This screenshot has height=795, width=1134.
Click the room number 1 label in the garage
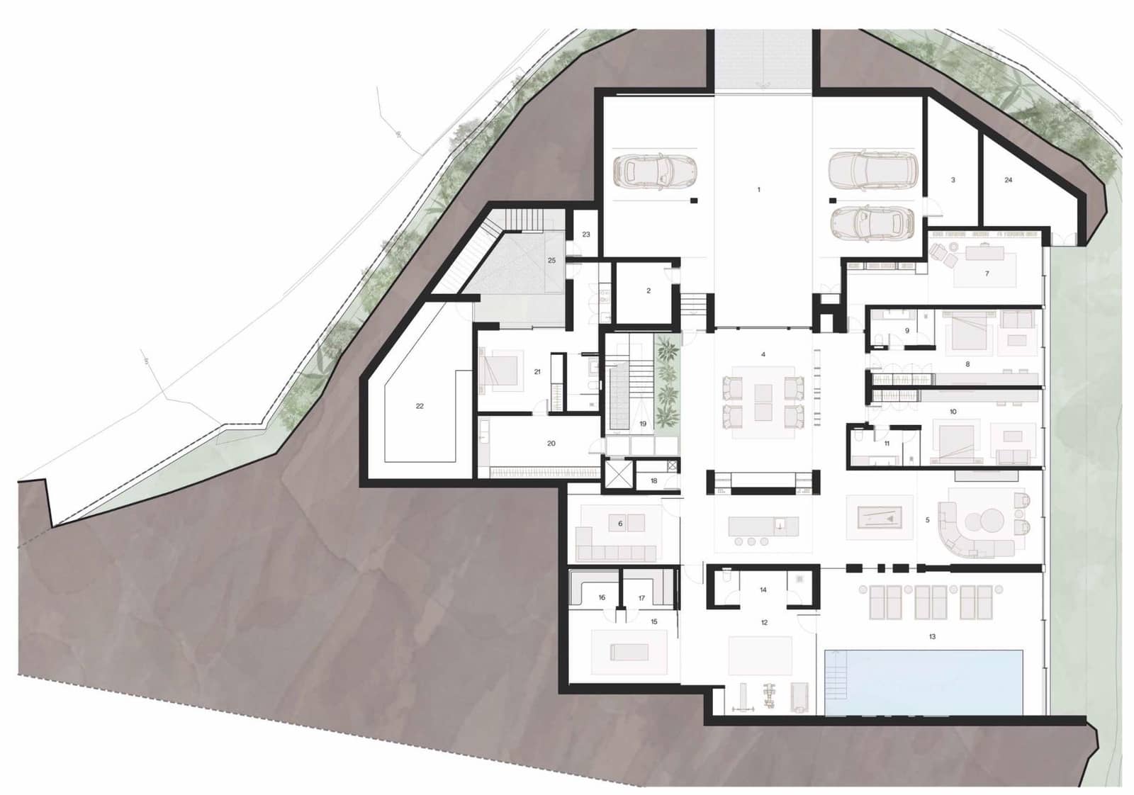(758, 190)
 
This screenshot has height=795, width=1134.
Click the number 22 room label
(420, 406)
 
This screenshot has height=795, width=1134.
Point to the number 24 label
(1008, 180)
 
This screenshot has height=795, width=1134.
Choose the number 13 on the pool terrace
(932, 636)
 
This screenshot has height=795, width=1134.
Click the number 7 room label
(987, 274)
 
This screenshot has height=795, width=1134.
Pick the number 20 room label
(551, 444)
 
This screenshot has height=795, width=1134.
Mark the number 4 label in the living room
(763, 354)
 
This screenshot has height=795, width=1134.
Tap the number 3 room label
(953, 180)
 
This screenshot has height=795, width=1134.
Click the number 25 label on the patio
(551, 260)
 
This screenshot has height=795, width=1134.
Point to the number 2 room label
(648, 291)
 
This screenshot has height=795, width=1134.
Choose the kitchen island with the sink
(763, 526)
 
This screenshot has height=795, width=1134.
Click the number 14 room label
(763, 590)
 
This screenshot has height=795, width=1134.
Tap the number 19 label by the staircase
(643, 424)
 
